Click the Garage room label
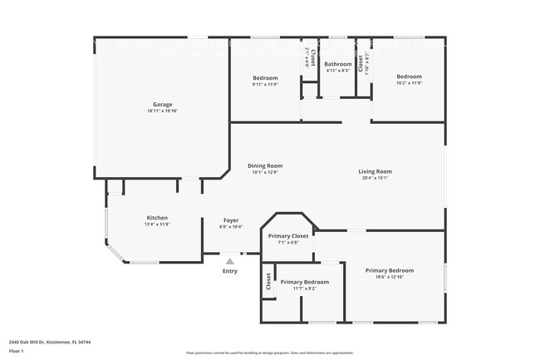tap(162, 104)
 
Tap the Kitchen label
tap(158, 218)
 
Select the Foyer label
tap(230, 220)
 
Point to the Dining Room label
tap(265, 165)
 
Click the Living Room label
tap(375, 171)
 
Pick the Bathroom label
tap(337, 64)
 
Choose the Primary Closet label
tap(288, 236)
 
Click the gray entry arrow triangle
tap(230, 261)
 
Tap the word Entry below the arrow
tap(230, 271)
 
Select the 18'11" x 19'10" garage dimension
tap(162, 111)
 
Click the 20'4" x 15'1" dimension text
tap(375, 178)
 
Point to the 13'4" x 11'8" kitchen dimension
tap(158, 224)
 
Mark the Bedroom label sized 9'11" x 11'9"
tap(265, 77)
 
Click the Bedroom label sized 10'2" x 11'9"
tap(409, 77)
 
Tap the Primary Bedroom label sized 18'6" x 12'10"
tap(390, 270)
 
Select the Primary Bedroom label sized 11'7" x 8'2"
tap(304, 282)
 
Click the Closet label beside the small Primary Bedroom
tap(268, 282)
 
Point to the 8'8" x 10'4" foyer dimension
tap(230, 227)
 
